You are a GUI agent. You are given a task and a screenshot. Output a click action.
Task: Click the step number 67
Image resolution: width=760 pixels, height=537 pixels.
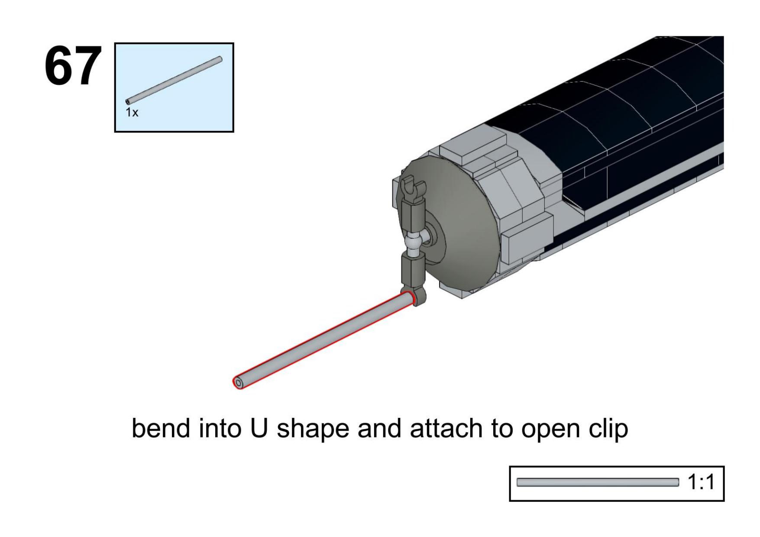coord(73,66)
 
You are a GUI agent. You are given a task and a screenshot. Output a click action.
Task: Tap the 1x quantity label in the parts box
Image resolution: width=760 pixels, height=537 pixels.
coord(132,113)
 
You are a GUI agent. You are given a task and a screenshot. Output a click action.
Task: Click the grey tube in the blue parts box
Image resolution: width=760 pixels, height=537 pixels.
coord(174,81)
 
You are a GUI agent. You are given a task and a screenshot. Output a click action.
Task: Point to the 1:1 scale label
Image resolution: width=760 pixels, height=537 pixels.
coord(701,482)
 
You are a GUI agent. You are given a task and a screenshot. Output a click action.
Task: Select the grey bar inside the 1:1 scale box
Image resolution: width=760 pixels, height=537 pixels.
coord(598,482)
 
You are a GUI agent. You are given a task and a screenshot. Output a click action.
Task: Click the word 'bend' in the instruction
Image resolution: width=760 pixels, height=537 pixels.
coord(161,428)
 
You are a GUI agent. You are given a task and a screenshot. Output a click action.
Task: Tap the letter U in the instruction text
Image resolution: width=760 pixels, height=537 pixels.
coord(259,428)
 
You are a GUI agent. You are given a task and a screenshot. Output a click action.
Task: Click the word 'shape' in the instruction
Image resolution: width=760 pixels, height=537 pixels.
coord(313,429)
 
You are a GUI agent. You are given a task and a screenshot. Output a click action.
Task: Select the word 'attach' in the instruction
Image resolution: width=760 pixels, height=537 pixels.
coord(446,428)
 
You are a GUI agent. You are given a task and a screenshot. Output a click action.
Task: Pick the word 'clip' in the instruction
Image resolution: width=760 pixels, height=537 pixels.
coord(608,429)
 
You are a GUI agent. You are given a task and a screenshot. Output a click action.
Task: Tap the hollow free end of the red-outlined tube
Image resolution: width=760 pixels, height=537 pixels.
coord(239,383)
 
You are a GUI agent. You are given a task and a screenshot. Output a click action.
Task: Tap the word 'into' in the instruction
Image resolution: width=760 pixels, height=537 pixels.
coord(220,428)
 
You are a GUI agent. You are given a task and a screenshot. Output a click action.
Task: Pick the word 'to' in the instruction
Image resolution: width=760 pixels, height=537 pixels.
coord(501,428)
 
